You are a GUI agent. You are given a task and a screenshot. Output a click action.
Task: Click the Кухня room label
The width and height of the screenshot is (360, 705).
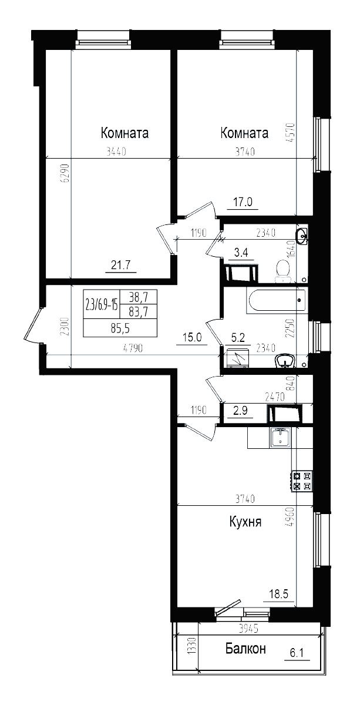[x=245, y=522]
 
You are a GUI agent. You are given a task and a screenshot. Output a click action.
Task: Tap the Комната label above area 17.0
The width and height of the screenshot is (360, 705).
[x=244, y=133]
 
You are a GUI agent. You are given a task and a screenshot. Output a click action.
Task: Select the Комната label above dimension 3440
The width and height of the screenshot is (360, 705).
[x=125, y=133]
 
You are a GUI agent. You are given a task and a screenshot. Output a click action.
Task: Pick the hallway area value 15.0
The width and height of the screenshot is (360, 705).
[x=193, y=337]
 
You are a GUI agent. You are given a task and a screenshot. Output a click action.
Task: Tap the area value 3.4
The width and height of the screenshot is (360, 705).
[x=241, y=253]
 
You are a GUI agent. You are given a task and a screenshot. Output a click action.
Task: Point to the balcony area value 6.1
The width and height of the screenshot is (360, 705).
[x=298, y=652]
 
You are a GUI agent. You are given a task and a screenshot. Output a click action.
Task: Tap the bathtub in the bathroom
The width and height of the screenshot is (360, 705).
[x=277, y=301]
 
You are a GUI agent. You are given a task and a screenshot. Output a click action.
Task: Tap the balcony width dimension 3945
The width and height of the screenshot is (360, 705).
[x=248, y=629]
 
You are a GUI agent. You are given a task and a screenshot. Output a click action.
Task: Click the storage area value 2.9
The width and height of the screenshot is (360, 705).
[x=239, y=411]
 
